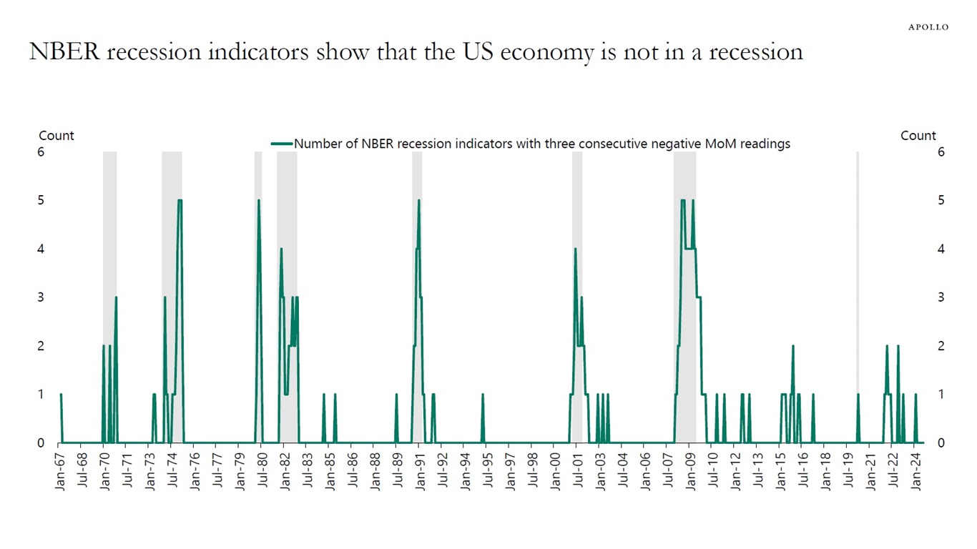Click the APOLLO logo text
[928, 27]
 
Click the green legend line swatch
[282, 144]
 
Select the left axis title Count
[56, 136]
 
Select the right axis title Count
[918, 136]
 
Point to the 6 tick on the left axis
[41, 152]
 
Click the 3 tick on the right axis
[940, 297]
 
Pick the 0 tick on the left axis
[41, 443]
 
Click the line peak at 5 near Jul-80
[259, 201]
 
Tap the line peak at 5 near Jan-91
[418, 201]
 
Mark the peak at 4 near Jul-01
[575, 249]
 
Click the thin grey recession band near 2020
[858, 286]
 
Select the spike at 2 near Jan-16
[792, 347]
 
